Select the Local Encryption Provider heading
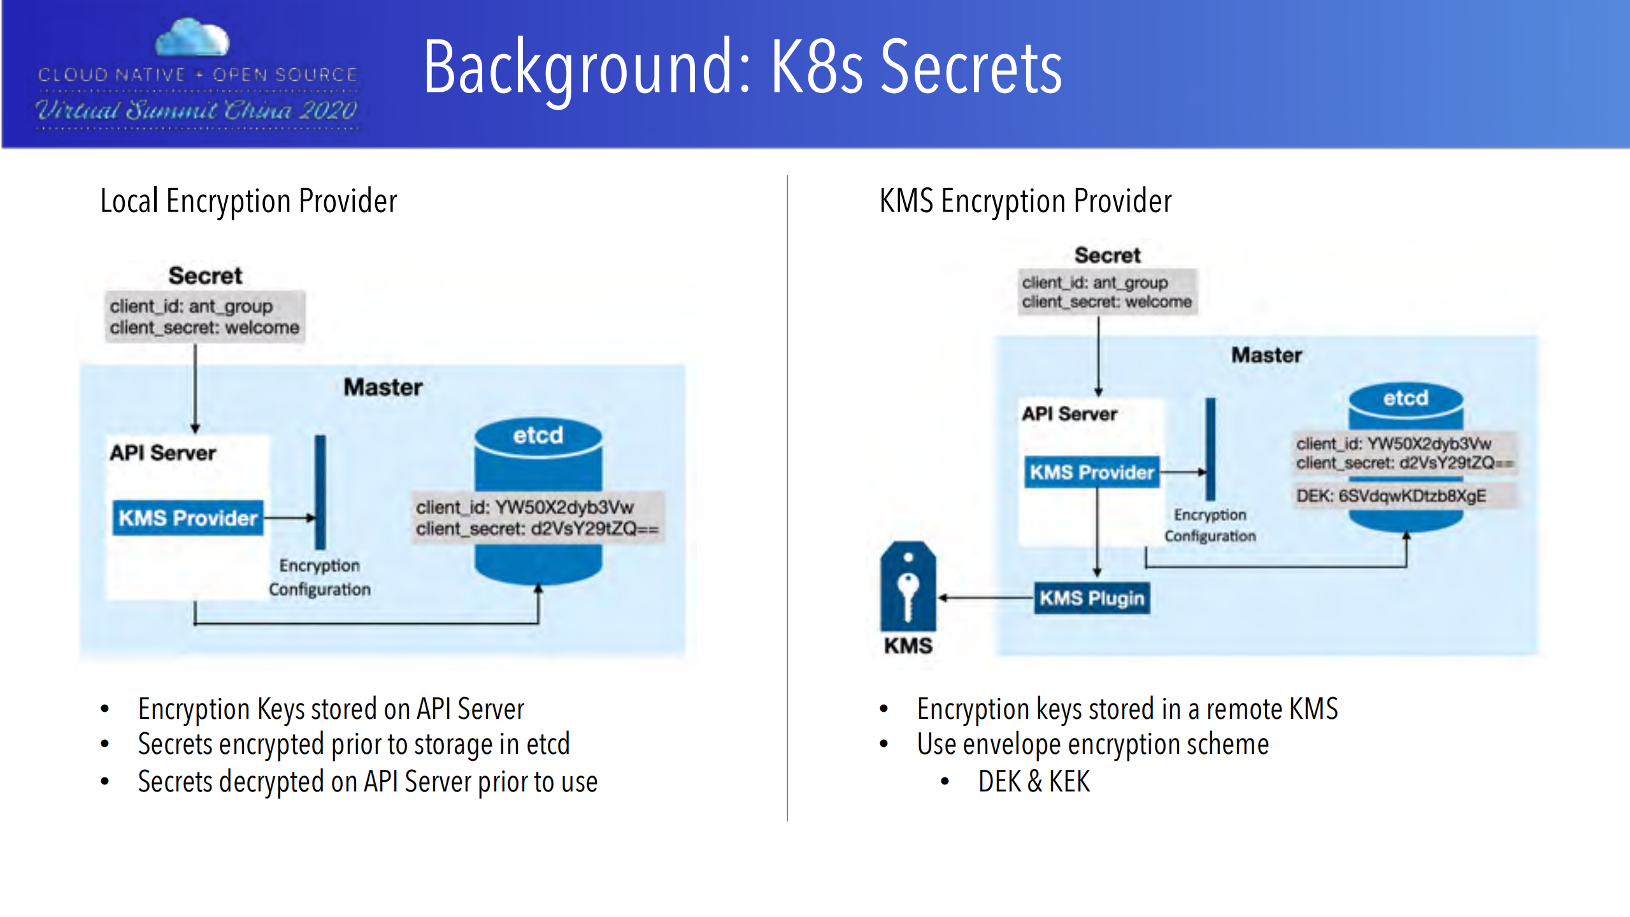(248, 201)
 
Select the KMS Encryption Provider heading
(1025, 201)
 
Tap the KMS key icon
(908, 587)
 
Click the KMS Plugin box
(1091, 598)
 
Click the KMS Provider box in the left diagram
(188, 517)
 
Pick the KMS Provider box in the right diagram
(1091, 472)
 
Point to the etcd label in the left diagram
(538, 435)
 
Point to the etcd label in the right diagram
(1405, 398)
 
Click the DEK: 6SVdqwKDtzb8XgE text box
(1391, 496)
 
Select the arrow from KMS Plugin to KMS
(985, 598)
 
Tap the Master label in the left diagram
(383, 387)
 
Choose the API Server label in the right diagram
(1069, 414)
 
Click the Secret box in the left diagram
(204, 317)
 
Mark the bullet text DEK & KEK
(1033, 781)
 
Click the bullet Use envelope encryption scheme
(1092, 744)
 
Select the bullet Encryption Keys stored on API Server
(331, 709)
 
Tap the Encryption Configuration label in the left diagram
(319, 577)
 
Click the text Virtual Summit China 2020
(197, 110)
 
